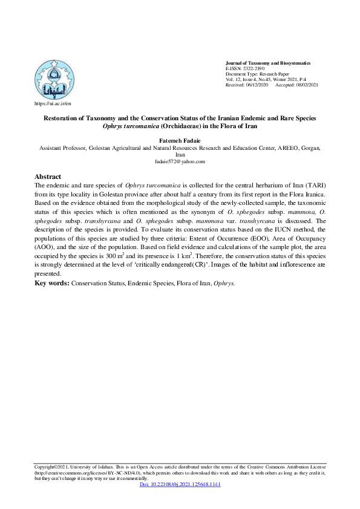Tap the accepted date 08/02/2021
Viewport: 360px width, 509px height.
pyautogui.click(x=306, y=85)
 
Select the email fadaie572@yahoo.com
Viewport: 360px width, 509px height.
pyautogui.click(x=180, y=161)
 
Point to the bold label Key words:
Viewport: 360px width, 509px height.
pyautogui.click(x=52, y=283)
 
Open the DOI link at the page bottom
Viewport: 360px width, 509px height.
pyautogui.click(x=180, y=485)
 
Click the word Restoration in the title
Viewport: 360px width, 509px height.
pyautogui.click(x=68, y=118)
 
